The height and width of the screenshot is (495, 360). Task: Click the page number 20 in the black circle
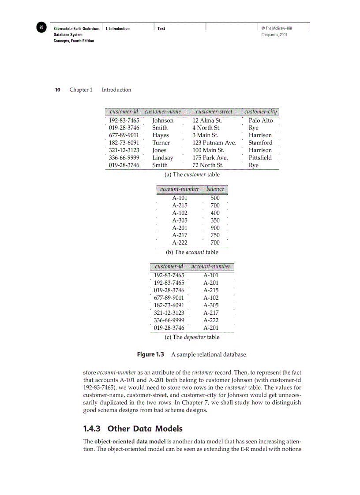(41, 28)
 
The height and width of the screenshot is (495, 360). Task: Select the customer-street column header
(214, 112)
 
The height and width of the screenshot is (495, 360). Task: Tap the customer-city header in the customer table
(261, 112)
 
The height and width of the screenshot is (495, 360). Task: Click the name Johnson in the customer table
(163, 120)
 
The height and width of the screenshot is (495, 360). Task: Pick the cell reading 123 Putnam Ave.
(214, 143)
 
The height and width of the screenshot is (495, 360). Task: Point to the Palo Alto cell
(261, 120)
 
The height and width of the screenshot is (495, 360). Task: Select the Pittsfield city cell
(260, 158)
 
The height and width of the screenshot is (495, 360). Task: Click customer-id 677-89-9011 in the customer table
(124, 135)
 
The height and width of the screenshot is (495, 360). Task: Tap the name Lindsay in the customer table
(163, 158)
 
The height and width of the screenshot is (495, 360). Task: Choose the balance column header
(215, 189)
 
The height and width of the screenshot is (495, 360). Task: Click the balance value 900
(215, 228)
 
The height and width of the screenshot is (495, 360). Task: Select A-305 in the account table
(180, 220)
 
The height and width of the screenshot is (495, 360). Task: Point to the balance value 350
(215, 220)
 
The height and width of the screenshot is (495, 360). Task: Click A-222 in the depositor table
(211, 320)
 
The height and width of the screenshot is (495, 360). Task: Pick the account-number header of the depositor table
(211, 267)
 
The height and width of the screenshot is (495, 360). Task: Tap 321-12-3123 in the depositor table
(169, 313)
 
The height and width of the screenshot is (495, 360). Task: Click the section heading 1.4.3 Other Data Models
(133, 428)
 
